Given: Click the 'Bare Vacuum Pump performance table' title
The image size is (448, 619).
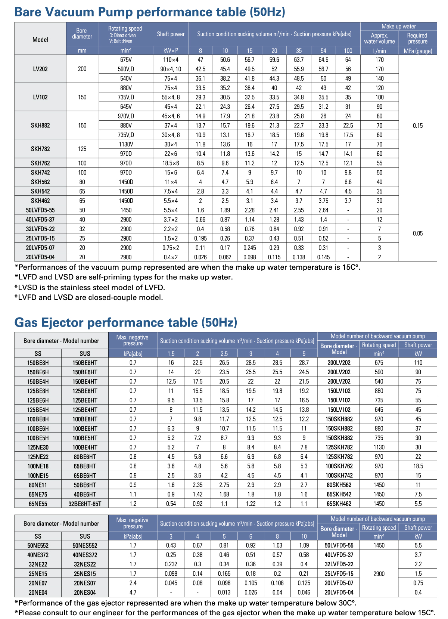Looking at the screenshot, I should (x=149, y=12).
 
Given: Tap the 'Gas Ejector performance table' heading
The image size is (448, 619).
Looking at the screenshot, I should (x=125, y=322).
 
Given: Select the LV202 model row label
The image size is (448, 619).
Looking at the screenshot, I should (x=40, y=69).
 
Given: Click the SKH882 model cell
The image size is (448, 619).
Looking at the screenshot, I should (x=40, y=126).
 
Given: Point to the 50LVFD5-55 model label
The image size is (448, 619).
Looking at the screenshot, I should (x=40, y=210).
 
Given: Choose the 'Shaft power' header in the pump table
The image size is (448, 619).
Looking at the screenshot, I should (x=171, y=34).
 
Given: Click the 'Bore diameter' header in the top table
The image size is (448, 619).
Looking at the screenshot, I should (x=82, y=34).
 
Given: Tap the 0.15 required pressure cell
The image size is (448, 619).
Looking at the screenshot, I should (x=418, y=126).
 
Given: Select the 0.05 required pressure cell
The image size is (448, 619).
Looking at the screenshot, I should (x=418, y=233).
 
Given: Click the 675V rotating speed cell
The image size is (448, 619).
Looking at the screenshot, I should (x=126, y=60).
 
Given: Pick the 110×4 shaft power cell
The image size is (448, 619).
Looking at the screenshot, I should (x=171, y=60).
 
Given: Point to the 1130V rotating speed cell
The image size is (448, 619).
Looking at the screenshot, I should (x=126, y=144).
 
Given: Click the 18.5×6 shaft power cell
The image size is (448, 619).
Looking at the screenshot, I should (x=171, y=163).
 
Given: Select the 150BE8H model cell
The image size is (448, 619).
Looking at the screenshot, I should (x=38, y=363).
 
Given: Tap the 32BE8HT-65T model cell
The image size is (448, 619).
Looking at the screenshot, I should (x=85, y=504).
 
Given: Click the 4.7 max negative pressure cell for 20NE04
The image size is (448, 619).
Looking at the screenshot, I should (x=133, y=592).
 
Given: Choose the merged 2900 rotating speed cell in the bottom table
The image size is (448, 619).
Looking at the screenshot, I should (x=379, y=574).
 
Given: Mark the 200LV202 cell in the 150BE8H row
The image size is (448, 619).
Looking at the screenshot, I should (x=339, y=363).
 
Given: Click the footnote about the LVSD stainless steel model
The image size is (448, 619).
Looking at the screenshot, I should (x=90, y=287).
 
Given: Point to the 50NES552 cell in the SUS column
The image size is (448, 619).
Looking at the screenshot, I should (x=85, y=545).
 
